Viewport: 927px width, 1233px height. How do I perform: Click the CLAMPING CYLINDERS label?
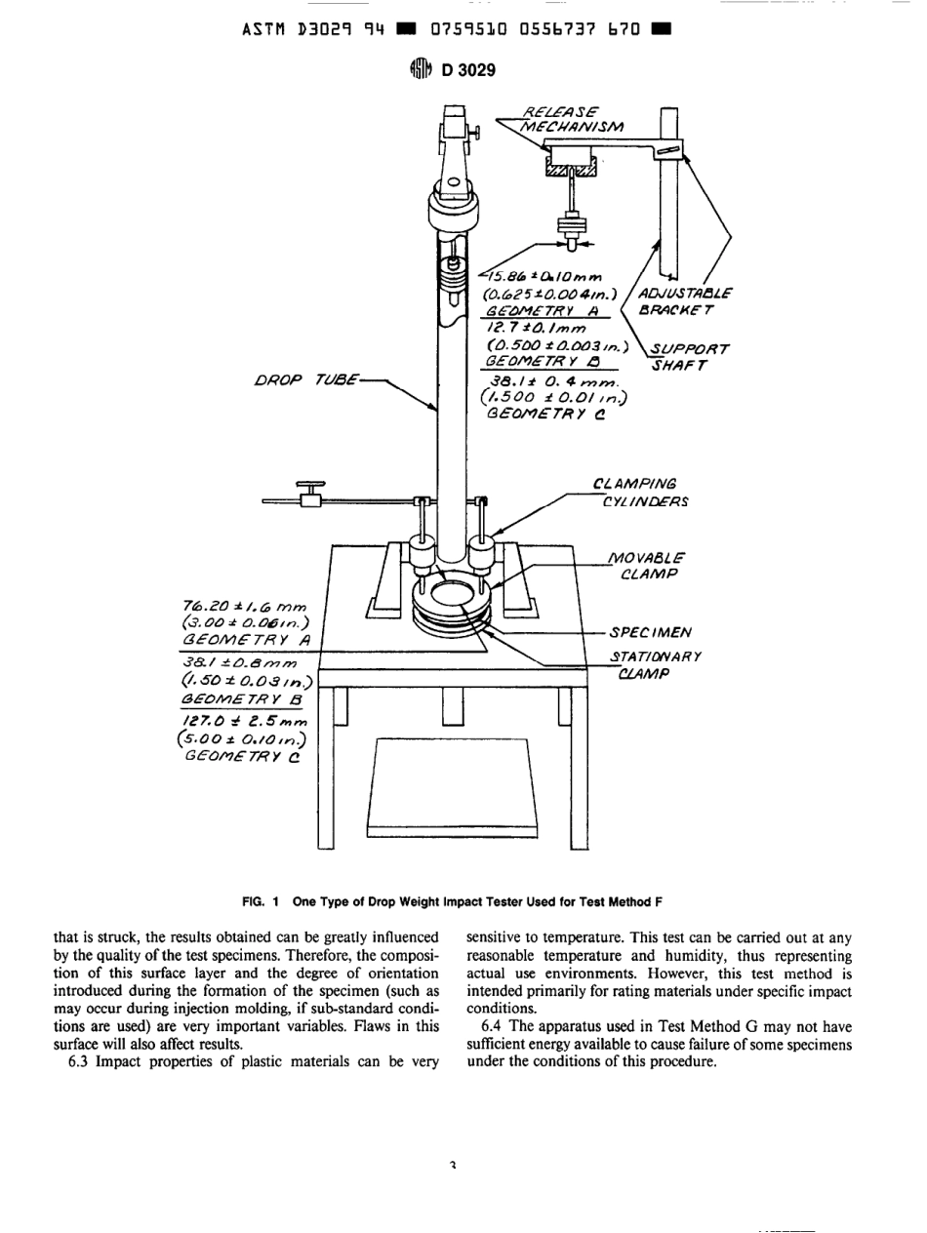[639, 493]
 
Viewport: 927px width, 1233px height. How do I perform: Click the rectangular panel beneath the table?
[449, 790]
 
